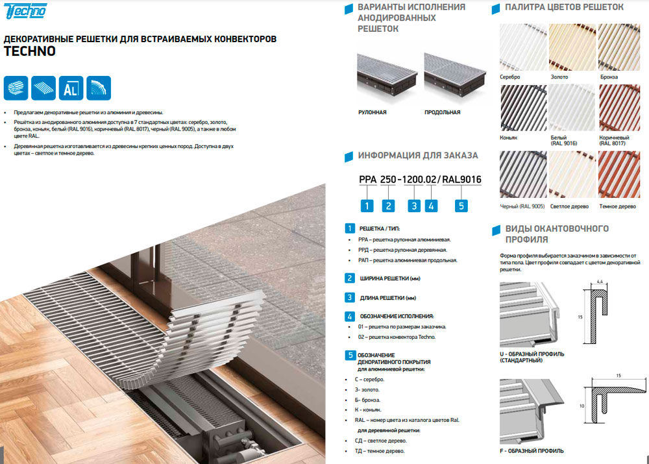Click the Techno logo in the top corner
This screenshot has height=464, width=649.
[25, 11]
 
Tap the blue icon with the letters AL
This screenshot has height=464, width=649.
[71, 88]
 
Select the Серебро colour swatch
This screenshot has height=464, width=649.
[523, 47]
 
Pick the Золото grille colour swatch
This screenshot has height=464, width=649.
[572, 47]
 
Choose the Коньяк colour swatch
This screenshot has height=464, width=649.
[523, 108]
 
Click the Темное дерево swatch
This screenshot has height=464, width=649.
[619, 175]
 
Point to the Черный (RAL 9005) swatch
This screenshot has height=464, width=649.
[523, 175]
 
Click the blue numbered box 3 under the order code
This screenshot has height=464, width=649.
[414, 206]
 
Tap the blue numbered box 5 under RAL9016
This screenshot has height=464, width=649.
[461, 206]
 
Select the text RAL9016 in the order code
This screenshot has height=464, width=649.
[461, 179]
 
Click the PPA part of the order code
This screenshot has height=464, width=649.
[367, 179]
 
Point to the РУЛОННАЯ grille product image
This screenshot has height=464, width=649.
[387, 74]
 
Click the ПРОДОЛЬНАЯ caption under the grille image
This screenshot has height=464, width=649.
[443, 112]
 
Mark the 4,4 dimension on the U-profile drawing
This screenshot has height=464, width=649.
[599, 282]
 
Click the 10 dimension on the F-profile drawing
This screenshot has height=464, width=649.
[582, 406]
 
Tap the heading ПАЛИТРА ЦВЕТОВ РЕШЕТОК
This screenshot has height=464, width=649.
[564, 7]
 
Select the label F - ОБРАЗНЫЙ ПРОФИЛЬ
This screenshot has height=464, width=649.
[532, 451]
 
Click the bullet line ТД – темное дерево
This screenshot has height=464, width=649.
[380, 451]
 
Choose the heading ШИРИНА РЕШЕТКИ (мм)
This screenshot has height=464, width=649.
[390, 278]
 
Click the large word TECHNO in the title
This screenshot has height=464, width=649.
[30, 51]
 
